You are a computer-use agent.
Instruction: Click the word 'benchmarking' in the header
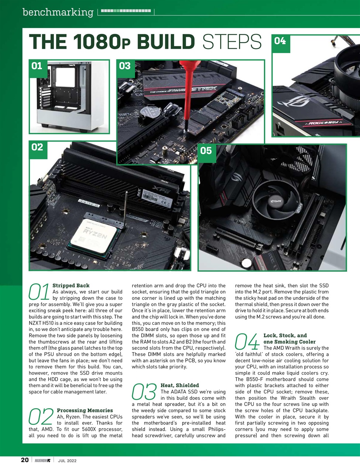point(58,12)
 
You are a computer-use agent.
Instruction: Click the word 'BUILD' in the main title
point(165,42)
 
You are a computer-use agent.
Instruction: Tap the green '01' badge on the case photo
point(37,66)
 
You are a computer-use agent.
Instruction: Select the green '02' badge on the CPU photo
point(37,147)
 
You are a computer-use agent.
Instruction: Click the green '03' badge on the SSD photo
point(125,66)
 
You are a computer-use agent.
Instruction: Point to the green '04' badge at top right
point(280,41)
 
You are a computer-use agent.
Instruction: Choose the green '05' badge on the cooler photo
point(206,150)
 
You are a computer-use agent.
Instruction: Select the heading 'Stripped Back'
point(71,285)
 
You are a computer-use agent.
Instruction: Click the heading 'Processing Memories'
point(85,410)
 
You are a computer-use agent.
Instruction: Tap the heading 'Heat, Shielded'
point(180,385)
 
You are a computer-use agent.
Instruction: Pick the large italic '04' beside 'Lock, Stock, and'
point(247,342)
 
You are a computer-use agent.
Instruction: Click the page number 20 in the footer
point(25,460)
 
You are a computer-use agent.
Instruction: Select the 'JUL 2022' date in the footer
point(67,461)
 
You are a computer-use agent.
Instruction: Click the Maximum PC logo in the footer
point(42,460)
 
